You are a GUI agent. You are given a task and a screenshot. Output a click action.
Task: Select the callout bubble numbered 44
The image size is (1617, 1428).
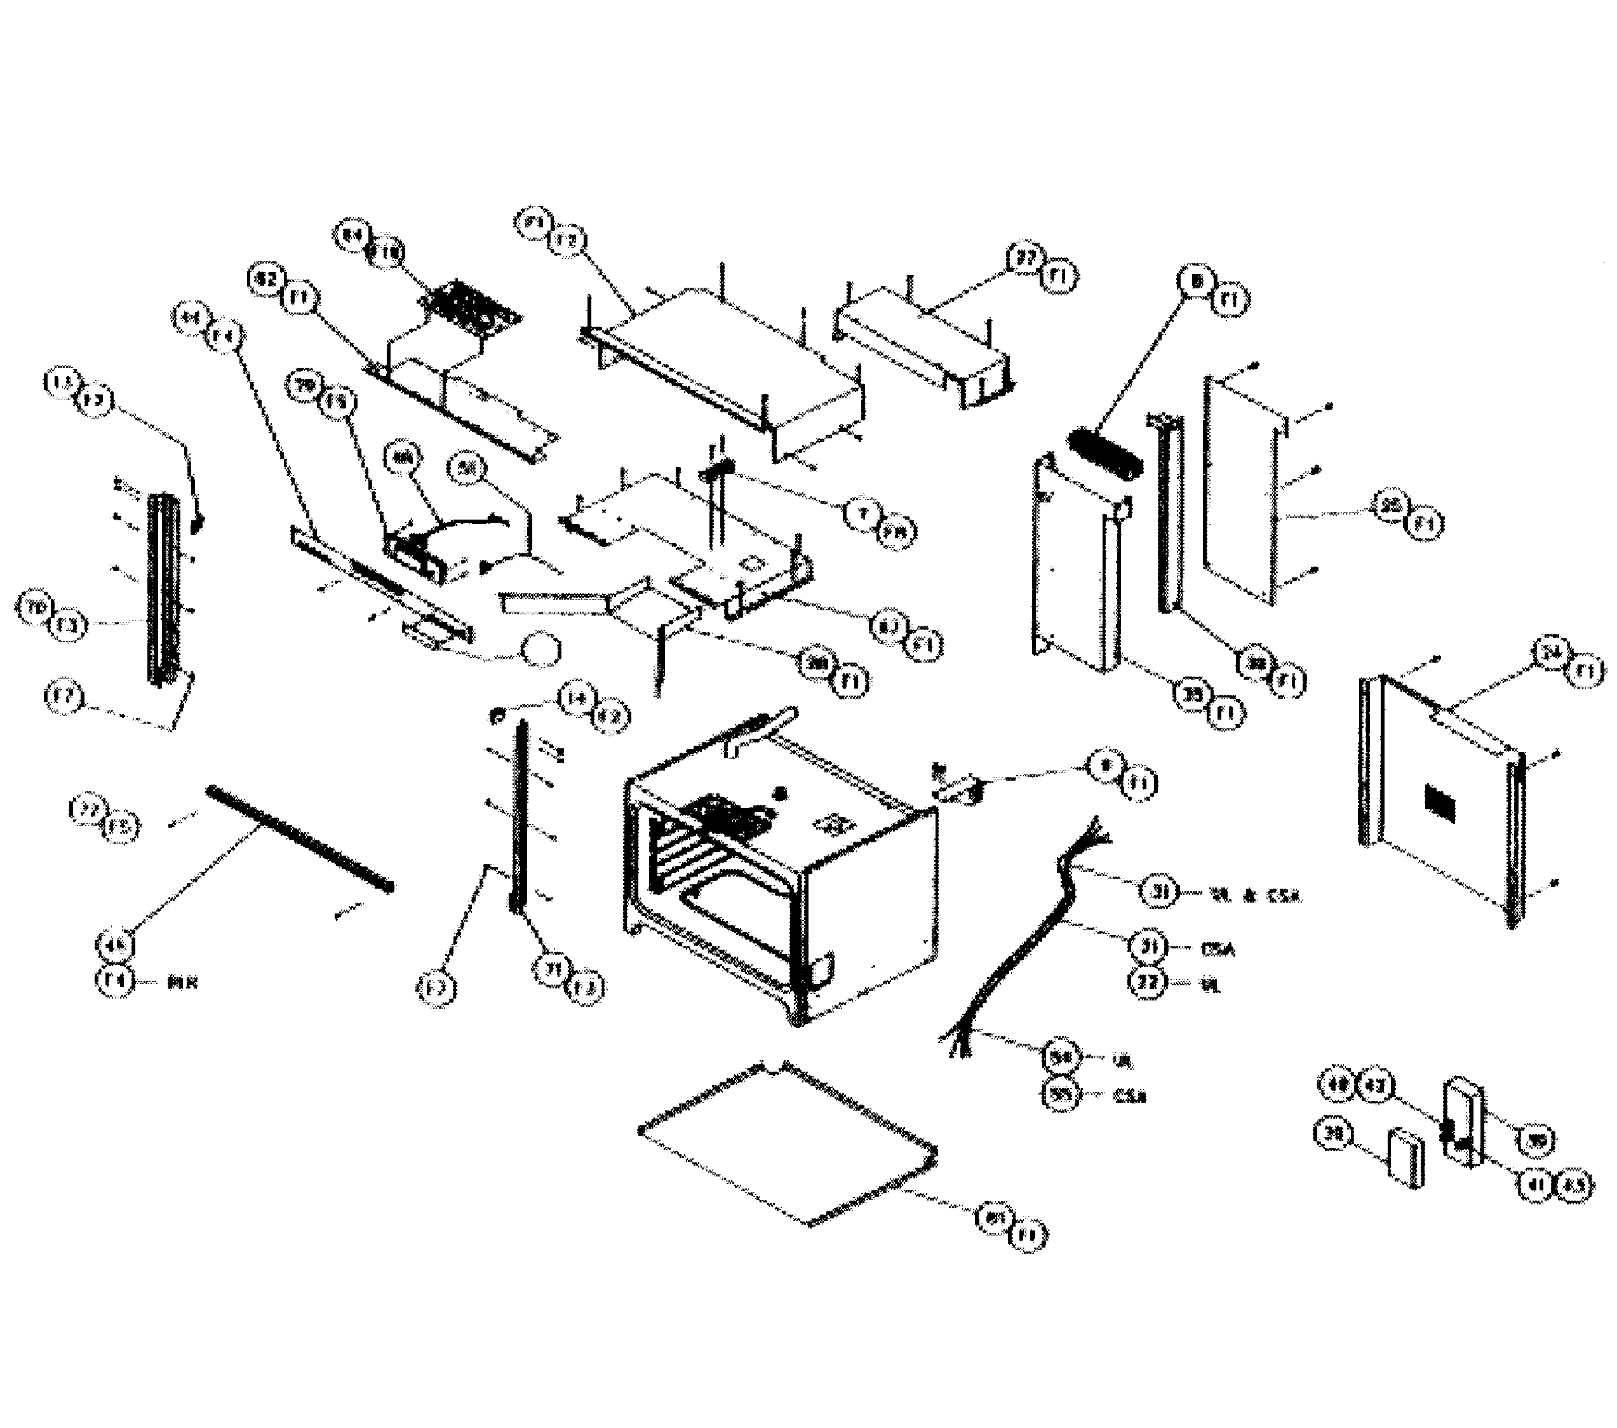(x=191, y=319)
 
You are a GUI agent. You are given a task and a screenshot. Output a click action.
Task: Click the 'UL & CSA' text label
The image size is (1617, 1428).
(x=1255, y=896)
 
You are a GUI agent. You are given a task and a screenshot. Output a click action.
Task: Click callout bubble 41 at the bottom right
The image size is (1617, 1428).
(x=1537, y=1184)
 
